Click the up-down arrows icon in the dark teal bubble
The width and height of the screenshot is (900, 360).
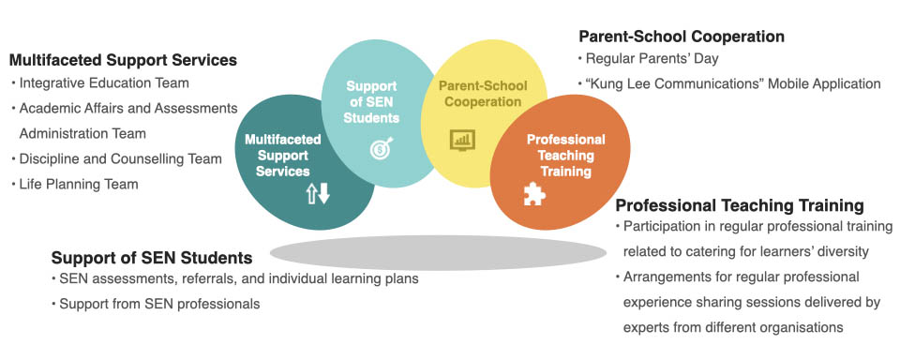click(x=318, y=195)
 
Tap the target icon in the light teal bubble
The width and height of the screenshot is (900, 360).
click(x=382, y=147)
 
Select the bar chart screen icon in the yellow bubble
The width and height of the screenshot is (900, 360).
click(x=462, y=140)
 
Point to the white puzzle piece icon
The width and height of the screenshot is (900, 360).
click(x=534, y=193)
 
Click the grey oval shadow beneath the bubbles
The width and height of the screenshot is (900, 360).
click(x=438, y=252)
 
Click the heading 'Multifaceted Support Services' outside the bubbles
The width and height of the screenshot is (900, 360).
click(x=123, y=60)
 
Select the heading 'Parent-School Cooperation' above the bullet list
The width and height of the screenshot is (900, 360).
click(x=682, y=37)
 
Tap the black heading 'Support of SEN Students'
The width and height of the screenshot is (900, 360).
click(x=152, y=257)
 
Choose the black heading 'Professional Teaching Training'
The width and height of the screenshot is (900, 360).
click(x=740, y=205)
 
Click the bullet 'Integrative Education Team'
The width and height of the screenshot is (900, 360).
click(x=104, y=83)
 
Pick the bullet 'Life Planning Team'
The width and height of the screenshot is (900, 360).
click(x=79, y=185)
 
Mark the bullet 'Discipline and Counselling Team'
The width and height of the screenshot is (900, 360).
click(x=121, y=159)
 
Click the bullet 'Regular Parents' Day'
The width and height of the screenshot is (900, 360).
click(x=652, y=58)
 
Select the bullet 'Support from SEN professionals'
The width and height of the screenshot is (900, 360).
click(x=159, y=304)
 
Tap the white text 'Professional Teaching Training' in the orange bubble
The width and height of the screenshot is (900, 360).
click(x=566, y=156)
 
